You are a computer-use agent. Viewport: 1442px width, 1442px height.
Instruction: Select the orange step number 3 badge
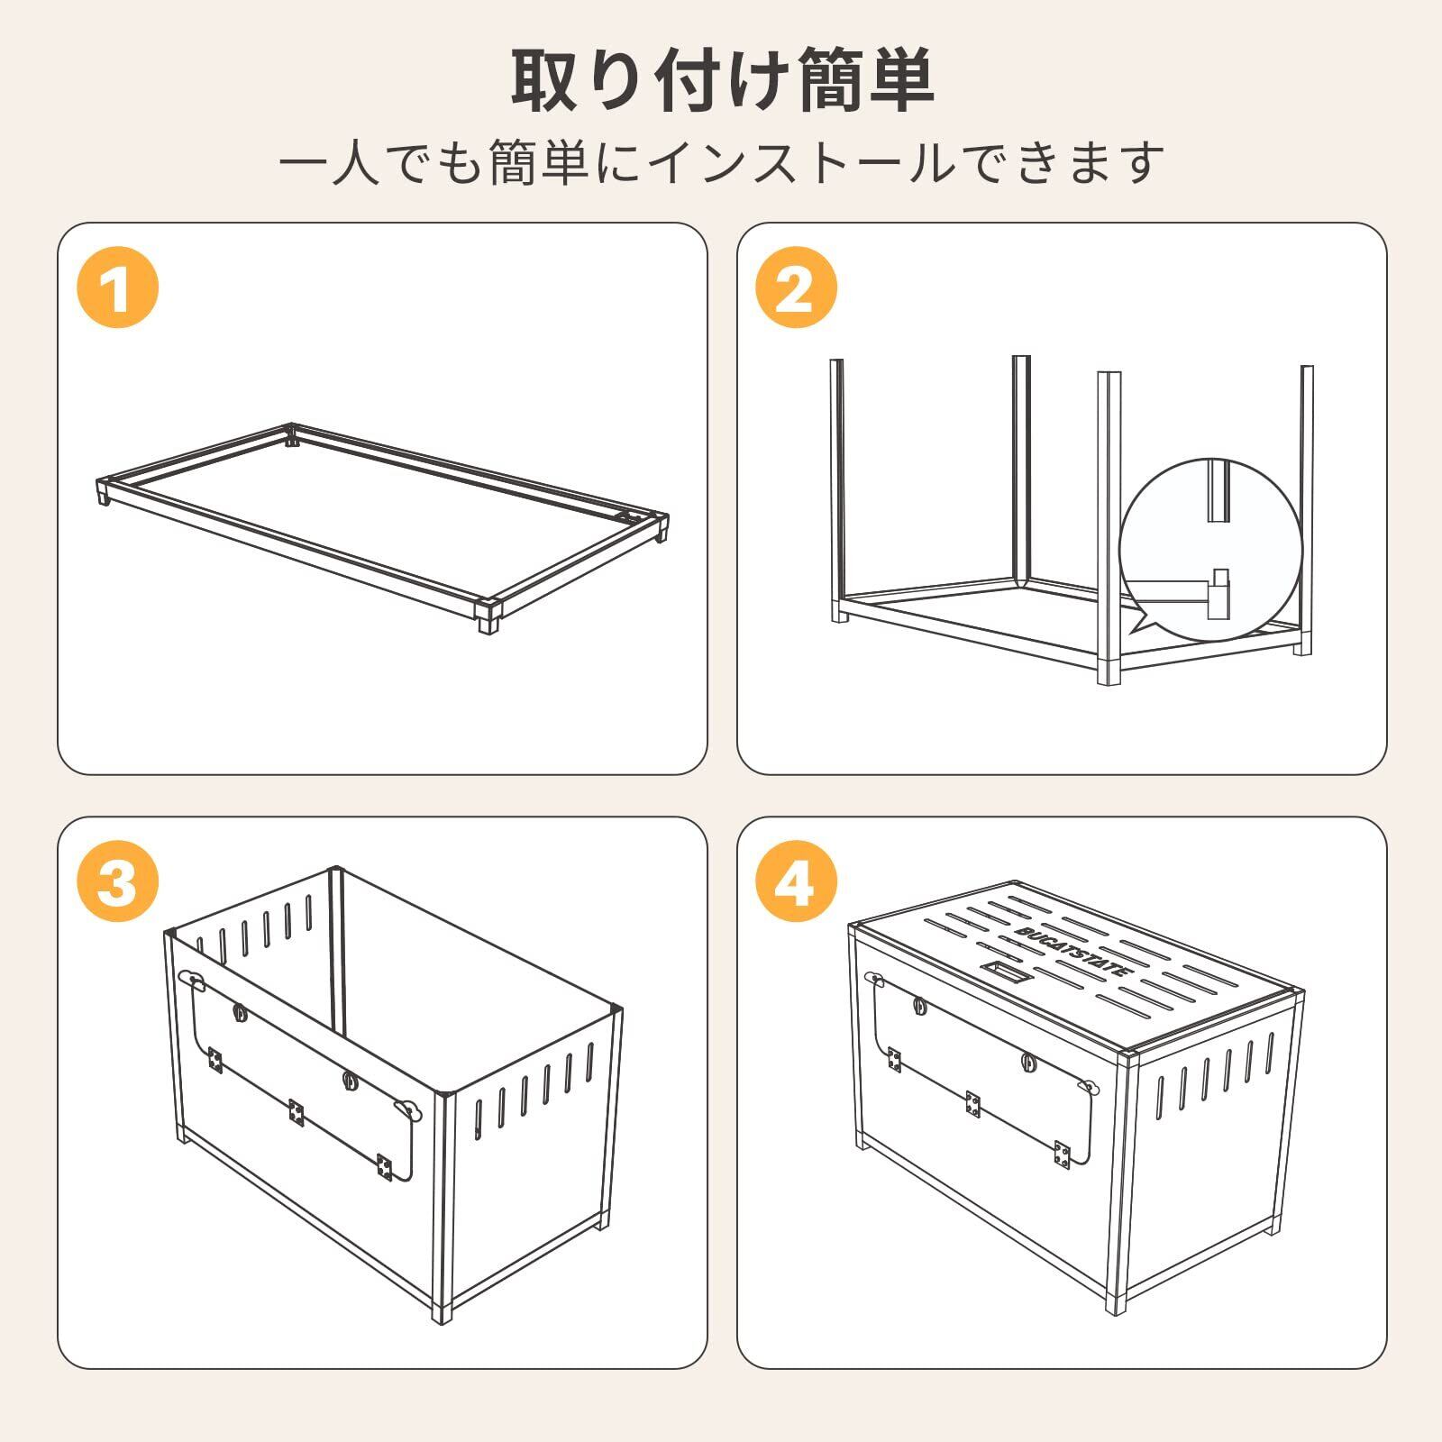click(x=117, y=884)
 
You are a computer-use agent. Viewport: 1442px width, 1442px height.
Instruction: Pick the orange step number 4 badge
click(x=796, y=884)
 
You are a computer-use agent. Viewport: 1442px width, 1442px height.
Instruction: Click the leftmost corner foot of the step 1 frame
click(x=102, y=493)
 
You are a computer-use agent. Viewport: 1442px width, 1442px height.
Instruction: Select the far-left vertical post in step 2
click(x=837, y=487)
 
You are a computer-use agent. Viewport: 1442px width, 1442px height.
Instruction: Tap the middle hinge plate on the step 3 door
click(x=296, y=1113)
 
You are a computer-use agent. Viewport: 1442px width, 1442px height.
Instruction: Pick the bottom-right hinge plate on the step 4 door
click(x=1063, y=1156)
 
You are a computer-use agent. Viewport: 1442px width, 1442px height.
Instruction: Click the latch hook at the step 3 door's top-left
click(x=193, y=979)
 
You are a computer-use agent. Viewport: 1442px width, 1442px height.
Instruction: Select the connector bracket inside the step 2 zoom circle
click(x=1218, y=593)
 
